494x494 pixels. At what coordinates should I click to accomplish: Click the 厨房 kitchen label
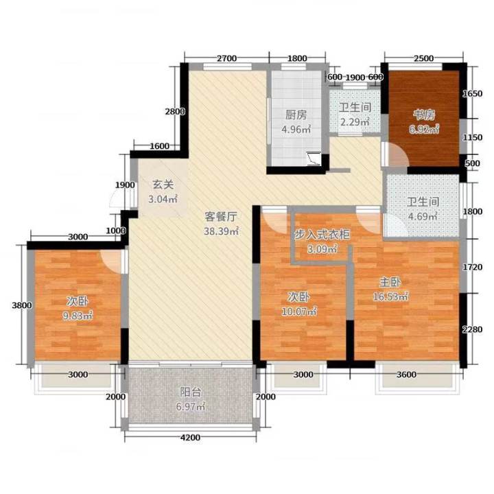pos(296,115)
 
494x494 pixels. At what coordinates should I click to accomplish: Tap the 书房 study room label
pos(424,115)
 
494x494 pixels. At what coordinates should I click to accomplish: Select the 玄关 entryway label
pos(163,185)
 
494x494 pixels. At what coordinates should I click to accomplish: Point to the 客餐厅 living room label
pos(220,216)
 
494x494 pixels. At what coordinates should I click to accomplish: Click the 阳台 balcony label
pos(190,392)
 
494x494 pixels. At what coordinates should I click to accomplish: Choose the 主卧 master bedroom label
pos(390,282)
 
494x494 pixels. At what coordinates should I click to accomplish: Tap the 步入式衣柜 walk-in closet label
pos(322,235)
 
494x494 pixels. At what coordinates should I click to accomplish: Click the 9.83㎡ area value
pos(78,316)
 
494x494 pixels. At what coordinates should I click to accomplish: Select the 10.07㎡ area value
pos(299,311)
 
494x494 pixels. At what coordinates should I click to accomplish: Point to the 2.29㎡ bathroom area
pos(355,121)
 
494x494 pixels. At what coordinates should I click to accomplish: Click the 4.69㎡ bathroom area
pos(423,216)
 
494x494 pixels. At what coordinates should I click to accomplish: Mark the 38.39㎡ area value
pos(221,231)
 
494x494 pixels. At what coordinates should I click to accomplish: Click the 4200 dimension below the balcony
pos(190,437)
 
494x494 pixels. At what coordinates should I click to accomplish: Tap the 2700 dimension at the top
pos(227,58)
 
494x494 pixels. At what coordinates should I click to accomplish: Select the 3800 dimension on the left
pos(22,305)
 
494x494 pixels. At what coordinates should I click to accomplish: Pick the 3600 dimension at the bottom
pos(406,375)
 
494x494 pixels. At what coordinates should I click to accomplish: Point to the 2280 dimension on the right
pos(472,329)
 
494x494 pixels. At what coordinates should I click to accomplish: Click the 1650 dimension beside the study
pos(472,93)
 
